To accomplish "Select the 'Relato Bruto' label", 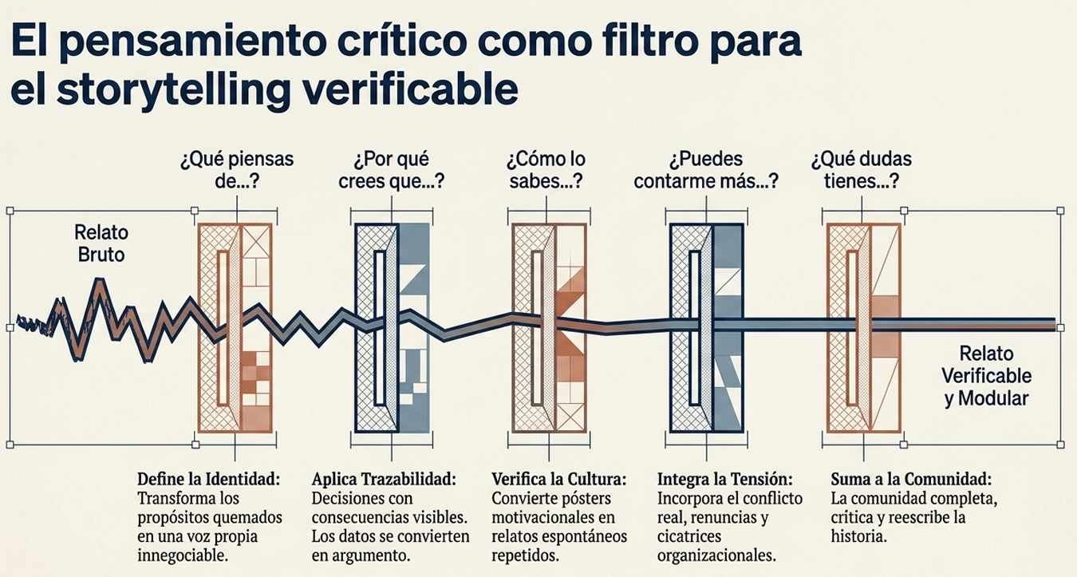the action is point(101,243).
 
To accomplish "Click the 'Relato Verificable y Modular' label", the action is point(986,376).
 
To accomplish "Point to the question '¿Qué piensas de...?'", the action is point(237,170).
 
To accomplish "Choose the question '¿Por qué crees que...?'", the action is point(392,170).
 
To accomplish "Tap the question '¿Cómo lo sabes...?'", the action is point(546,170).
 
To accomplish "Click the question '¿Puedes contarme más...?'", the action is point(706,170).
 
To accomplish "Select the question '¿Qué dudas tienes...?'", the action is point(861,170).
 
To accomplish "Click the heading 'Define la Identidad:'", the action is point(209,479).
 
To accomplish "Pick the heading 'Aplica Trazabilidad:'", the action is point(384,479).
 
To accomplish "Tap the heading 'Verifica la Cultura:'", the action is point(559,479).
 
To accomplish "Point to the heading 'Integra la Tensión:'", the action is point(724,479).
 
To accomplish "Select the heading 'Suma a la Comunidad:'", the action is point(911,479).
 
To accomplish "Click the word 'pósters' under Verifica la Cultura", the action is point(582,498).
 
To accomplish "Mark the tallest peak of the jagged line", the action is point(100,279).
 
